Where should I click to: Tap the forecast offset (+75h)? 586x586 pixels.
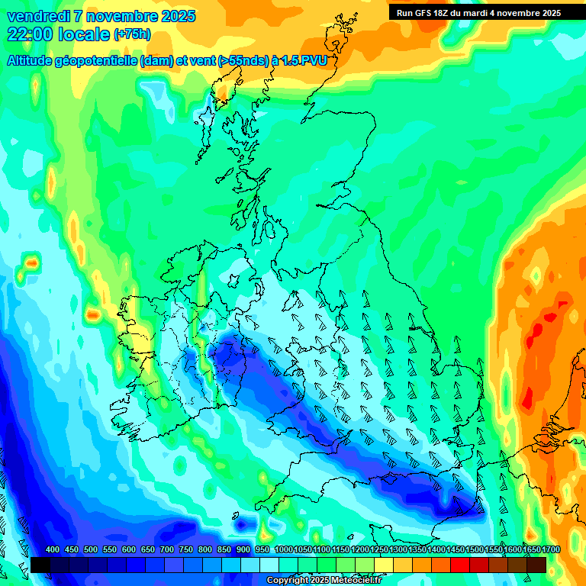click(132, 34)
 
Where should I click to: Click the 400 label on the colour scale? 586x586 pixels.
click(53, 550)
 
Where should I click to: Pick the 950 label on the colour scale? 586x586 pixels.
click(262, 550)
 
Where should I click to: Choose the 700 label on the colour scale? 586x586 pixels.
click(167, 550)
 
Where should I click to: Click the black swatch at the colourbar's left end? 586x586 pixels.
click(40, 565)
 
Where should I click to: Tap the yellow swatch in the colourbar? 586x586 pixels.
click(384, 565)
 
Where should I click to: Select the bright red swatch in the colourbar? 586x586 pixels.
click(460, 565)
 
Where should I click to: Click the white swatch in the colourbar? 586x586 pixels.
click(269, 565)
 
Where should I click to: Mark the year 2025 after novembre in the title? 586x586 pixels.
click(178, 16)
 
